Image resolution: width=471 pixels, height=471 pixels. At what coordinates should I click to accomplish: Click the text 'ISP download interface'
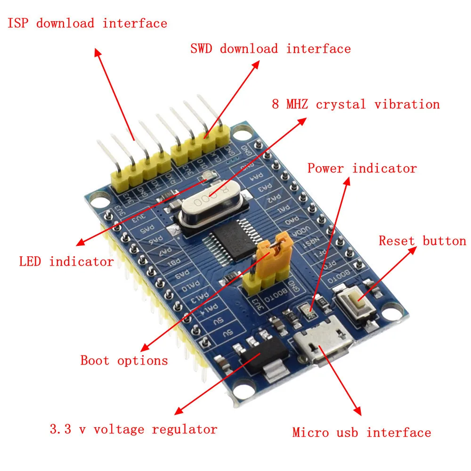point(87,23)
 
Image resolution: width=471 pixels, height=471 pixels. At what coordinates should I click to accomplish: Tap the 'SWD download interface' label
point(270,49)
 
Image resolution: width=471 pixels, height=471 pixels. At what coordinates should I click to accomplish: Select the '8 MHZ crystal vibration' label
point(356,104)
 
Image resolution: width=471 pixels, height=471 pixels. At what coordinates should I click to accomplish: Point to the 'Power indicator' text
point(362,168)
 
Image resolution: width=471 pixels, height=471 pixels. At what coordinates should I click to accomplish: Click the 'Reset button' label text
point(422,241)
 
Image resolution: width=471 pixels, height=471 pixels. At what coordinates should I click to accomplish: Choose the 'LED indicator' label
point(66,261)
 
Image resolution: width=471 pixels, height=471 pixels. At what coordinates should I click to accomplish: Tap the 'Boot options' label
point(124,361)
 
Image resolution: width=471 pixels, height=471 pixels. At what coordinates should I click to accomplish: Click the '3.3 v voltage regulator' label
point(133,430)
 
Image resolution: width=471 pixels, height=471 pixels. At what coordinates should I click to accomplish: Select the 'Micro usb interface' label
point(361,432)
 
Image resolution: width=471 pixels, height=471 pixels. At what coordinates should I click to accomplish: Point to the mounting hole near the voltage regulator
point(242,389)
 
